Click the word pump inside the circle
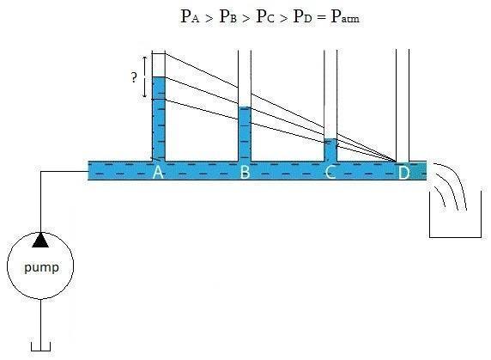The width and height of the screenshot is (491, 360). point(41,268)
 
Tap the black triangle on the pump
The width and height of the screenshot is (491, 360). point(40,240)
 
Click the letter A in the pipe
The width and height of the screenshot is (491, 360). point(158,172)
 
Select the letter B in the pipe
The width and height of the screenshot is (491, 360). point(245,172)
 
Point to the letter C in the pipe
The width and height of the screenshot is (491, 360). point(330,172)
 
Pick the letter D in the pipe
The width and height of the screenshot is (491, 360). point(403,173)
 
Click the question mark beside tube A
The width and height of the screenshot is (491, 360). point(134,77)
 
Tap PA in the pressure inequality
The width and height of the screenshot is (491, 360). point(190,16)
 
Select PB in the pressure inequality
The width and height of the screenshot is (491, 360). point(227,16)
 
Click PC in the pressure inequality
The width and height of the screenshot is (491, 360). point(265,16)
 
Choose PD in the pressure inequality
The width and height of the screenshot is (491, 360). point(302,16)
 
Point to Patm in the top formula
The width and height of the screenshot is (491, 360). point(345,16)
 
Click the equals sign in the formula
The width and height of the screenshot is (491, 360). point(321,17)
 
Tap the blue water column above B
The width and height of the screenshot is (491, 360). point(245,134)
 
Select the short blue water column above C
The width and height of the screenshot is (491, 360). point(330,149)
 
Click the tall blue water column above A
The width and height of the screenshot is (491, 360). point(159,119)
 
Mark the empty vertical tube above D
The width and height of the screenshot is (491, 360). point(403,105)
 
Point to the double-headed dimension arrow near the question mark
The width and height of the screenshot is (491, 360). point(145,77)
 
